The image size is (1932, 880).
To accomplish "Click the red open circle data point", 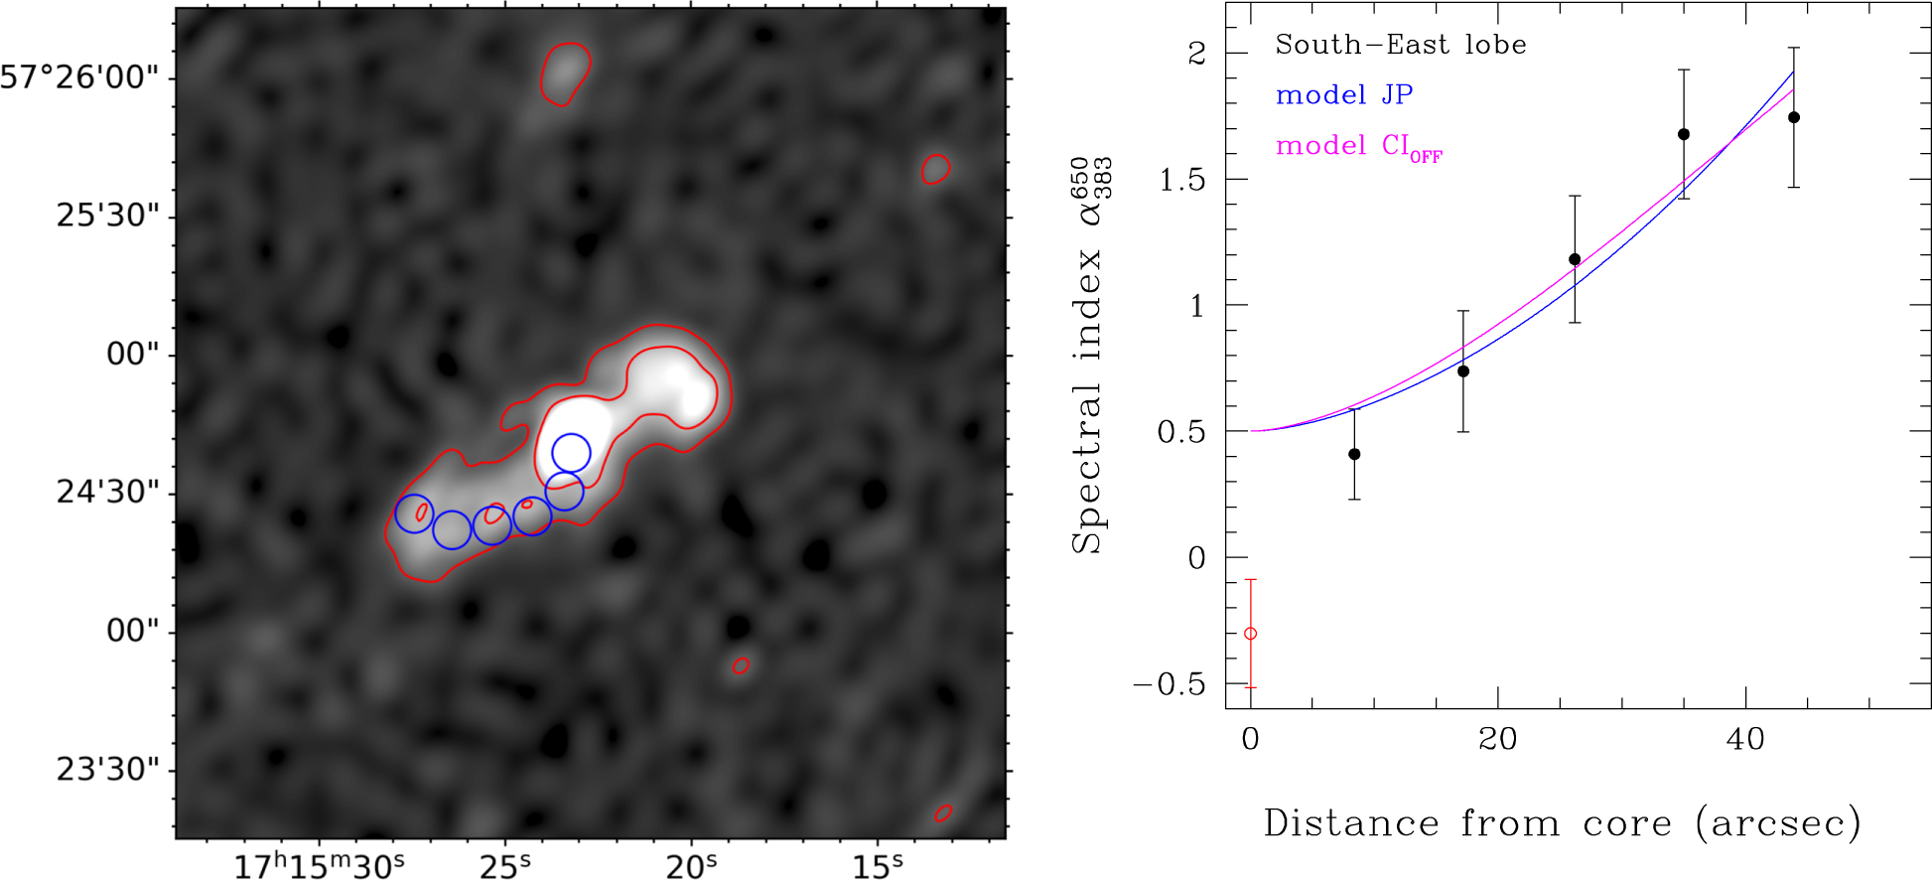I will pyautogui.click(x=1250, y=634).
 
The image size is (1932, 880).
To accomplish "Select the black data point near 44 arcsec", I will pyautogui.click(x=1793, y=117).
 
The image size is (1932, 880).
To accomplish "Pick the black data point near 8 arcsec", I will pyautogui.click(x=1354, y=454).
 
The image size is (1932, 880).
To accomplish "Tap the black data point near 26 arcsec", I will pyautogui.click(x=1575, y=259).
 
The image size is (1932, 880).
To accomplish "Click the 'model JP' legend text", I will pyautogui.click(x=1344, y=95).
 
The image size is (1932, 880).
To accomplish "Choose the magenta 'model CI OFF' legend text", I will pyautogui.click(x=1358, y=147).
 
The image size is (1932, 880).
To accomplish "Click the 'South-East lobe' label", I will pyautogui.click(x=1400, y=45).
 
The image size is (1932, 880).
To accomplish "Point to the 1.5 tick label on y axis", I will pyautogui.click(x=1181, y=180).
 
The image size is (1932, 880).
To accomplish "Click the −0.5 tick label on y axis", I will pyautogui.click(x=1170, y=684).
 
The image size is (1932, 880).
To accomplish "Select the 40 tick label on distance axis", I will pyautogui.click(x=1744, y=739).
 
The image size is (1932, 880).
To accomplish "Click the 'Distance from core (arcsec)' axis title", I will pyautogui.click(x=1562, y=824).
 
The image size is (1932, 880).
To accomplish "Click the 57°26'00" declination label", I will pyautogui.click(x=79, y=77).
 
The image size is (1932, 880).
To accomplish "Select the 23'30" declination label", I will pyautogui.click(x=107, y=770).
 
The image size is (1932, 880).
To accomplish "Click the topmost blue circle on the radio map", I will pyautogui.click(x=571, y=453).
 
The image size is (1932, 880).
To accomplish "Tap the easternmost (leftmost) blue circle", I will pyautogui.click(x=414, y=513).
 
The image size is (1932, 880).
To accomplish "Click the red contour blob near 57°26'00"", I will pyautogui.click(x=565, y=73).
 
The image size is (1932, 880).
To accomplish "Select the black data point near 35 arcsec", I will pyautogui.click(x=1684, y=134).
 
